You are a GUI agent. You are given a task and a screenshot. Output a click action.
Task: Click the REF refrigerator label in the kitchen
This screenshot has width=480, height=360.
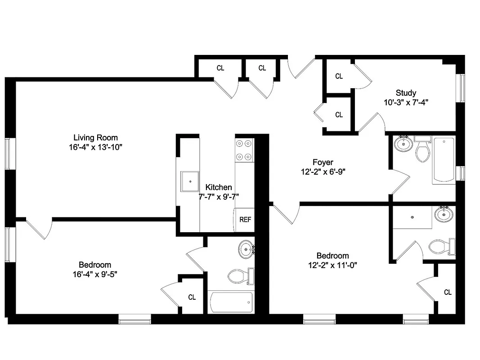245,220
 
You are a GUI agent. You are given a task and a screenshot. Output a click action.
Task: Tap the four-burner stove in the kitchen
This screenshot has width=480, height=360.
244,150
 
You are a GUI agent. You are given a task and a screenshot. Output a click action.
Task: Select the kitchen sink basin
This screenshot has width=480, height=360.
190,181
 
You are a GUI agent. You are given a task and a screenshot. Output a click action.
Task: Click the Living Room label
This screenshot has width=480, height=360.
95,138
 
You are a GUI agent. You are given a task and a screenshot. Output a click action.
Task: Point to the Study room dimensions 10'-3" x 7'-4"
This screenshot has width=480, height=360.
406,102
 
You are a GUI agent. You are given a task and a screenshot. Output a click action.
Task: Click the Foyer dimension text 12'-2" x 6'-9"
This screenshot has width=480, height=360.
323,171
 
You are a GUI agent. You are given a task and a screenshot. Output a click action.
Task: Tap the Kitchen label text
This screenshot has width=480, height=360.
219,187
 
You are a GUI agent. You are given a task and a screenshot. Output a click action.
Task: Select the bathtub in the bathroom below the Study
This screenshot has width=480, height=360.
444,161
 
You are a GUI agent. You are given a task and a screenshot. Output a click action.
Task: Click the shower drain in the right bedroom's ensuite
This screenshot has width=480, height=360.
413,217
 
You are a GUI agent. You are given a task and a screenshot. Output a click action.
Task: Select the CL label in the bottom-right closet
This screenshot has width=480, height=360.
448,292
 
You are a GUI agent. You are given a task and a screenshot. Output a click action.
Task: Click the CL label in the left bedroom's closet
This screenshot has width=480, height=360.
192,297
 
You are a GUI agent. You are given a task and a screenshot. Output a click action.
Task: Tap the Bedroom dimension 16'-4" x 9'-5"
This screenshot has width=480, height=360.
95,274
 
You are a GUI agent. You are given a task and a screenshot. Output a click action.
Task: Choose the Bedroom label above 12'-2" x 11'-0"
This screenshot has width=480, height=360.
332,256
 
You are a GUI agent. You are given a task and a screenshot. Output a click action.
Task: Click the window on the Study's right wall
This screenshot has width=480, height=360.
461,88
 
